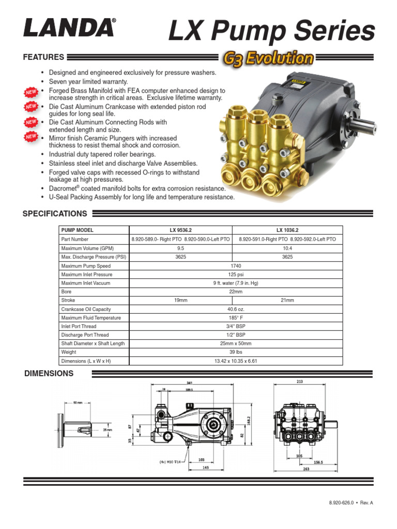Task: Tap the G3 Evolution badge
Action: (269, 58)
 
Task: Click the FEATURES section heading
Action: (43, 57)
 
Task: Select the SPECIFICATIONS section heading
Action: (55, 213)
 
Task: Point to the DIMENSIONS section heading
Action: (49, 373)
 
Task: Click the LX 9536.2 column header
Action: (180, 230)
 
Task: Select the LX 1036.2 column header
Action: (287, 230)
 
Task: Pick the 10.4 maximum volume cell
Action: (287, 248)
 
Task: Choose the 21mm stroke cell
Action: (287, 300)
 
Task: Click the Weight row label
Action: (69, 352)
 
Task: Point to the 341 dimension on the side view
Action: (197, 383)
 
